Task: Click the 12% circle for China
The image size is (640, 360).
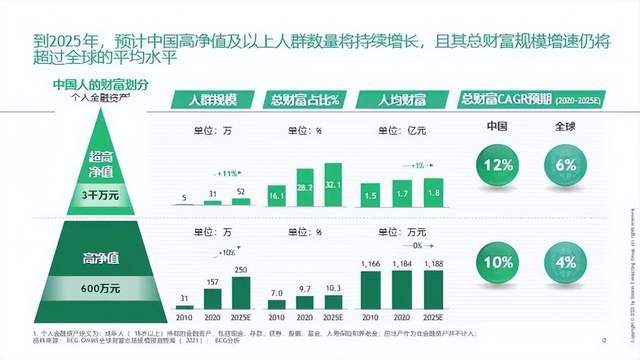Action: point(493,163)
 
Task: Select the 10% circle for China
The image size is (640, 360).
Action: point(493,262)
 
